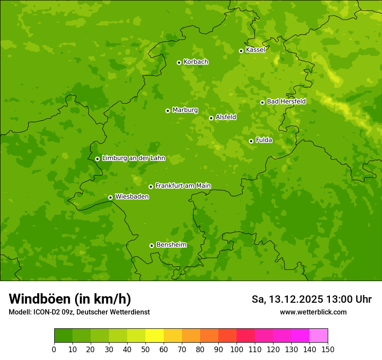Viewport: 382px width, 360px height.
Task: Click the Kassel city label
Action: [255, 50]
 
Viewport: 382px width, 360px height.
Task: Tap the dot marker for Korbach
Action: [179, 62]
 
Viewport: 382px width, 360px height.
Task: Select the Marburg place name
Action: [185, 110]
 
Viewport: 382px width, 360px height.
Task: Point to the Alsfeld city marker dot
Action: [211, 118]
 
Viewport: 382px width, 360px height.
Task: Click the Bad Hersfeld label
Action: [286, 101]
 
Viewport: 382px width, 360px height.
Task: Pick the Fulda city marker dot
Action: [251, 141]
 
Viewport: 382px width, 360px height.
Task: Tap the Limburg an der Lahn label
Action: [133, 158]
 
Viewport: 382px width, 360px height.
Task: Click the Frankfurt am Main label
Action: [183, 186]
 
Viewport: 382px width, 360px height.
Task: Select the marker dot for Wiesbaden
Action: [110, 197]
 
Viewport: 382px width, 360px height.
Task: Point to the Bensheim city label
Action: [171, 245]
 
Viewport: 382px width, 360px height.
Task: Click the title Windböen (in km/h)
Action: [70, 299]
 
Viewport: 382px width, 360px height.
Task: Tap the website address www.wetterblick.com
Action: [313, 312]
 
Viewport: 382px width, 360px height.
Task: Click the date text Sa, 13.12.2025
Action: [287, 299]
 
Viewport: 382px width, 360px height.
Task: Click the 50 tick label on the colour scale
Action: [145, 349]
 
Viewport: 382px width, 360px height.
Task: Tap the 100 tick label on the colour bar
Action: [237, 349]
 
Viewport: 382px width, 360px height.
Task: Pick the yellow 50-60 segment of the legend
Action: [155, 336]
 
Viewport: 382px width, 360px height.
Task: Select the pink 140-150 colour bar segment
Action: [319, 336]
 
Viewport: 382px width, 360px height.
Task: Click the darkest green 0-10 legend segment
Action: [63, 336]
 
